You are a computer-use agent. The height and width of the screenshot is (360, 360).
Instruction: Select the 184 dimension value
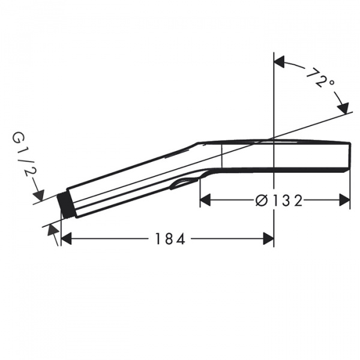coord(168,239)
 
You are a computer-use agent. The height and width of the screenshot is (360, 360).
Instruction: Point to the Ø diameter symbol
coord(262,200)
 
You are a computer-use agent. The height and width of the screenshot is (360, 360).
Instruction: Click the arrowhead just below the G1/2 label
coord(39,194)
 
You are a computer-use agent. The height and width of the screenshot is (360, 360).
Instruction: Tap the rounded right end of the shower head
coord(349,155)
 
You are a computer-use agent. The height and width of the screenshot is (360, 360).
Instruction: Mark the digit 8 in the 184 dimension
coord(168,239)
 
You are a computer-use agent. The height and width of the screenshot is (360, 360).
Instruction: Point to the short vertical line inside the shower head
coord(223,155)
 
